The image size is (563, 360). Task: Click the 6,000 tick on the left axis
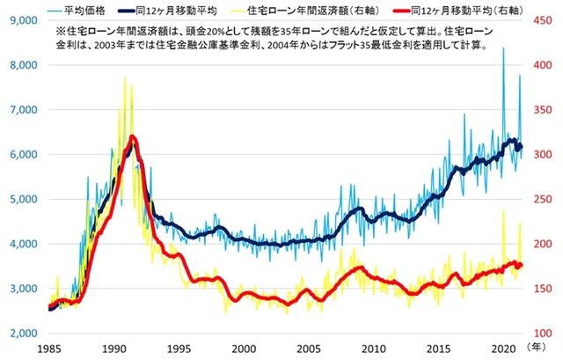coord(20,154)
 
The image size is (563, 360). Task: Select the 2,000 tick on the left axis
coord(20,334)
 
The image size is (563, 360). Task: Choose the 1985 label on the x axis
coord(49,349)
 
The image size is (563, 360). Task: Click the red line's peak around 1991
coord(132,137)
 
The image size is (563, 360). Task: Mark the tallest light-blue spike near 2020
coord(503,49)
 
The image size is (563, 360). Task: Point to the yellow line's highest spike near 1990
coord(124,77)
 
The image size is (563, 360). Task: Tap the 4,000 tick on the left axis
coord(20,244)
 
